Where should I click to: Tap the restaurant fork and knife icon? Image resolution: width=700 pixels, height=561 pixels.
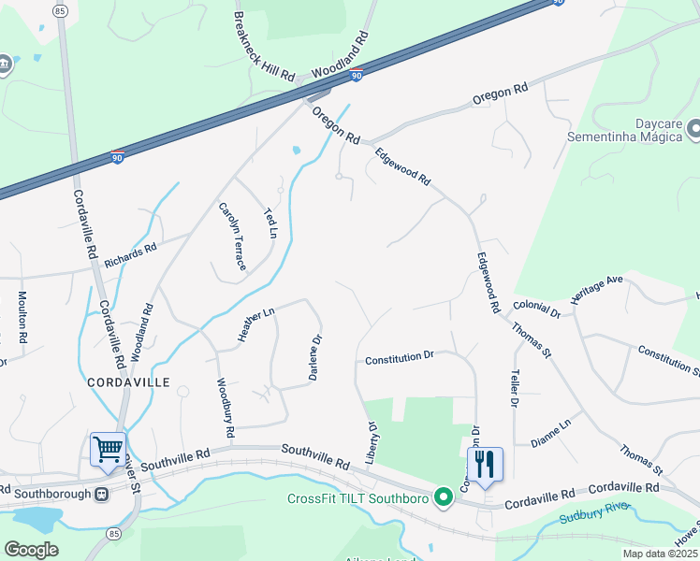pyautogui.click(x=485, y=464)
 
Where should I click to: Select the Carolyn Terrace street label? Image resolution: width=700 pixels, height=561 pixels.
pyautogui.click(x=232, y=237)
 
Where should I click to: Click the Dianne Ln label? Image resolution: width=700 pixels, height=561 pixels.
pyautogui.click(x=550, y=434)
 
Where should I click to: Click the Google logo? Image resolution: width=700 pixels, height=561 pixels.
pyautogui.click(x=31, y=549)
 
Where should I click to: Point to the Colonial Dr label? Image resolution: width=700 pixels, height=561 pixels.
pyautogui.click(x=536, y=308)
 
